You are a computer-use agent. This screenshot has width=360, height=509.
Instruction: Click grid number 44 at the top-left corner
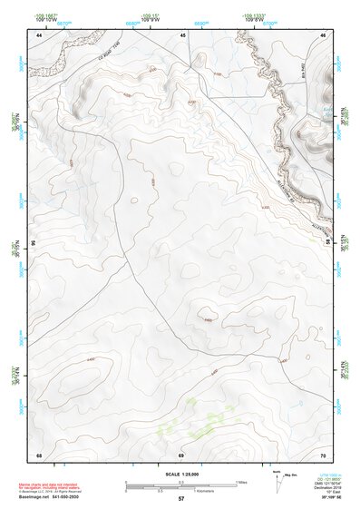coord(39,34)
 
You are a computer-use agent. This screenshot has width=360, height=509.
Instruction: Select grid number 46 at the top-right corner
coord(324,34)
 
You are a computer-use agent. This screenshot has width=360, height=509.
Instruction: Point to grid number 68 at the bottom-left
coord(39,453)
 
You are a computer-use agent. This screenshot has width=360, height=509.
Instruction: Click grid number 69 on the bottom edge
coord(181,453)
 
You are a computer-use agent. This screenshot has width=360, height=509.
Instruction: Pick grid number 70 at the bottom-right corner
coord(324,453)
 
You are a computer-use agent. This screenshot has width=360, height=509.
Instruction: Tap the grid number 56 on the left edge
coord(34,243)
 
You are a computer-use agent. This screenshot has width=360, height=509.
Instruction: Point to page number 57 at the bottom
coord(181,499)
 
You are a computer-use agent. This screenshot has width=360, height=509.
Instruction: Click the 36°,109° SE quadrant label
coord(330,498)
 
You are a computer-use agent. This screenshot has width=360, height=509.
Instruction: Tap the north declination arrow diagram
coord(277,478)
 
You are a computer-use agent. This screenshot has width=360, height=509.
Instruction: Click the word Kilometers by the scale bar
coord(197,489)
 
